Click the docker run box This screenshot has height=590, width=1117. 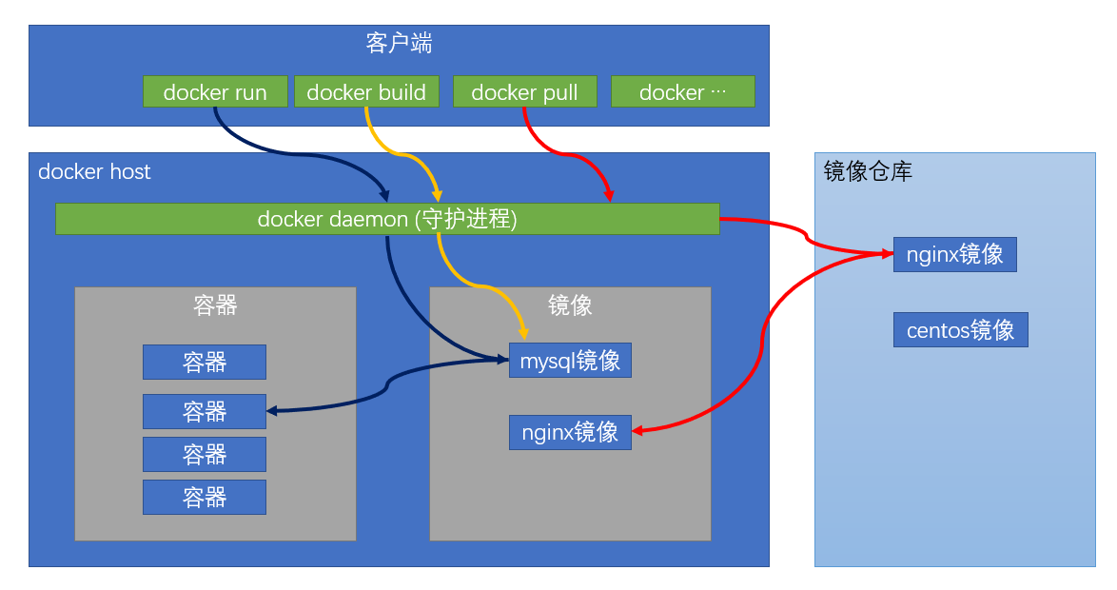pyautogui.click(x=214, y=92)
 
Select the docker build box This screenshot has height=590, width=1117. pyautogui.click(x=366, y=92)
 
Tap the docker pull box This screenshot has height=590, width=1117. pyautogui.click(x=524, y=92)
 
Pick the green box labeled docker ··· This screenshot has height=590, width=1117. pyautogui.click(x=682, y=92)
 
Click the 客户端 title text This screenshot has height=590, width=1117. pyautogui.click(x=399, y=43)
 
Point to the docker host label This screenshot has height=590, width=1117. pyautogui.click(x=94, y=172)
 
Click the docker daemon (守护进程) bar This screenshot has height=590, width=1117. pyautogui.click(x=387, y=219)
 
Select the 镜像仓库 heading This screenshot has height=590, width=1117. pyautogui.click(x=868, y=171)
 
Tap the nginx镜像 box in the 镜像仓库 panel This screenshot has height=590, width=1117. pyautogui.click(x=954, y=255)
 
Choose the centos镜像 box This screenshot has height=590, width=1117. pyautogui.click(x=960, y=330)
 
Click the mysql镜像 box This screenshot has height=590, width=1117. pyautogui.click(x=570, y=361)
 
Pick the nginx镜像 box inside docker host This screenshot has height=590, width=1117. pyautogui.click(x=570, y=432)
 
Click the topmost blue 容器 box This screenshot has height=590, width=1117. pyautogui.click(x=205, y=363)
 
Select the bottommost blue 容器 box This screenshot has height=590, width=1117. pyautogui.click(x=205, y=498)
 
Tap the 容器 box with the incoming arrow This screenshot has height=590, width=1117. pyautogui.click(x=205, y=411)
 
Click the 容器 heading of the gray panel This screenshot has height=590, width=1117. pyautogui.click(x=215, y=305)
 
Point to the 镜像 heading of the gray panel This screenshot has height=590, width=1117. pyautogui.click(x=570, y=305)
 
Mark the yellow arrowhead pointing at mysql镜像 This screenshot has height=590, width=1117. pyautogui.click(x=524, y=333)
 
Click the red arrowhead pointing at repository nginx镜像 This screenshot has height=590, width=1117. pyautogui.click(x=887, y=254)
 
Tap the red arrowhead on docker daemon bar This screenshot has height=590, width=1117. pyautogui.click(x=609, y=197)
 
